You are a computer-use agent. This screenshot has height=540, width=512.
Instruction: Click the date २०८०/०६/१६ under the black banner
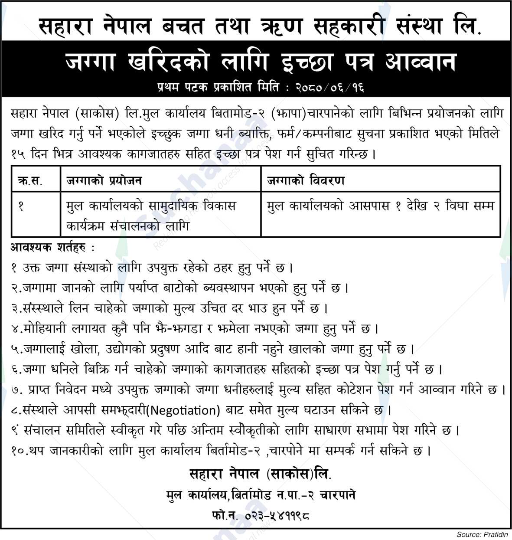tap(330, 88)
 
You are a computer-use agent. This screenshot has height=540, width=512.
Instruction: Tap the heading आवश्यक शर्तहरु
tap(52, 249)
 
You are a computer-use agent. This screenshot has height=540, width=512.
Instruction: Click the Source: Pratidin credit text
tap(482, 534)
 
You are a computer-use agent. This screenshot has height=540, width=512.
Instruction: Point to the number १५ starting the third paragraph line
tap(20, 154)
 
